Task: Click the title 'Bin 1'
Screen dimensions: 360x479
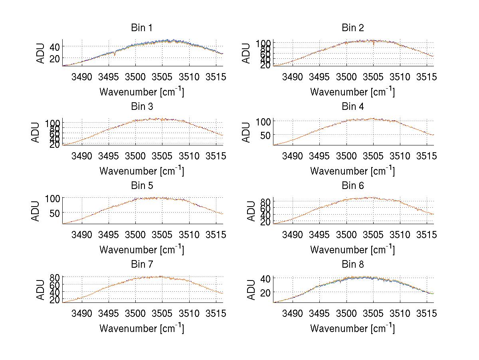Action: (142, 28)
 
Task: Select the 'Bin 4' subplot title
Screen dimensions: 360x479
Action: (353, 107)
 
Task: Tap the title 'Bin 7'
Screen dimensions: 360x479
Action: (142, 265)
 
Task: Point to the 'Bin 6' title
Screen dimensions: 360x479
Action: (353, 186)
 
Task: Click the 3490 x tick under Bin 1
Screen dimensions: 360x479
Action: (82, 77)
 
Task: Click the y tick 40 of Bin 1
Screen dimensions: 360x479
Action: (55, 47)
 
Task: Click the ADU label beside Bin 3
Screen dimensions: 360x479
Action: (36, 132)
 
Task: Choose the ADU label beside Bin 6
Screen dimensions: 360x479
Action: (251, 211)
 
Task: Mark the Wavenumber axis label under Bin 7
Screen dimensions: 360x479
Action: (142, 328)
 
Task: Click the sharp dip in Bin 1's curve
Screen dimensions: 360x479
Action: (115, 55)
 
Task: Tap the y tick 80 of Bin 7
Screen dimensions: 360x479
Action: (55, 277)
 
